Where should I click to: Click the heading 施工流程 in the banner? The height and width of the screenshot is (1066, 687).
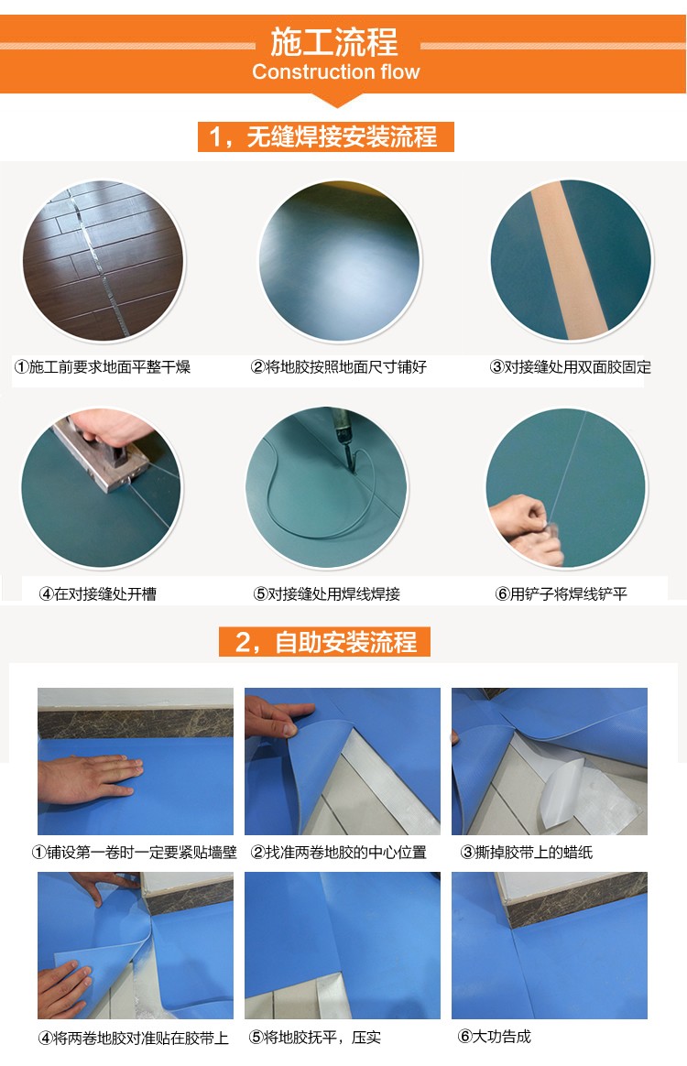335,42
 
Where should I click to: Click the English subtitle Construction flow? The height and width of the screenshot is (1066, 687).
335,72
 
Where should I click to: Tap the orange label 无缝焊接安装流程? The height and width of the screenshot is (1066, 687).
325,137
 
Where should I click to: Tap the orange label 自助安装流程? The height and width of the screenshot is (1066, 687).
324,642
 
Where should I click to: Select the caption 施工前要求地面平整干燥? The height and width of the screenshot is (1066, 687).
103,367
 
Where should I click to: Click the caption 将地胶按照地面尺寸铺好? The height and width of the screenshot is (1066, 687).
339,367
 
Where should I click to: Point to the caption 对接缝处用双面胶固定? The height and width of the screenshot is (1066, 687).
571,367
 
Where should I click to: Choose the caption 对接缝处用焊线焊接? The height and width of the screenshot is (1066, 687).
327,594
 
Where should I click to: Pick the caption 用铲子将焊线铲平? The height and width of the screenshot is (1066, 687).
562,594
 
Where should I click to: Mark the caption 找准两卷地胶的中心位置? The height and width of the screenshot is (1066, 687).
339,853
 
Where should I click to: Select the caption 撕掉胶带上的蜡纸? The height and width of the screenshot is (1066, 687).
526,853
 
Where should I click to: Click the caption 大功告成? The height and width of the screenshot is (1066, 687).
494,1037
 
